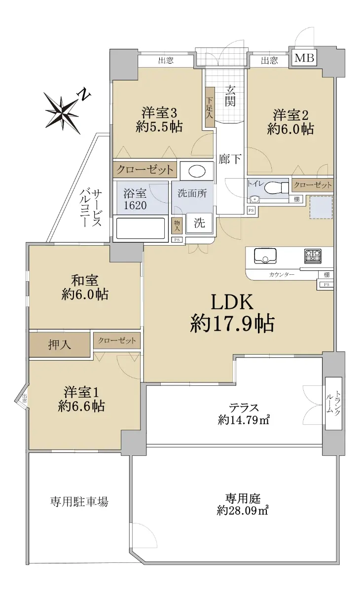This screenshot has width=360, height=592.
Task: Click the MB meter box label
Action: [304, 58]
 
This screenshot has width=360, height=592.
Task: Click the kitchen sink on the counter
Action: [265, 256]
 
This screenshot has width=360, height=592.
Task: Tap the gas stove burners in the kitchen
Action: [313, 256]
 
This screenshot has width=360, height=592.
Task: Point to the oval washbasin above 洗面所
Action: [197, 171]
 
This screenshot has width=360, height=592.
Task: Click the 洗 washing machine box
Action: [199, 223]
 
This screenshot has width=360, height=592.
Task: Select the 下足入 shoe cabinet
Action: [210, 107]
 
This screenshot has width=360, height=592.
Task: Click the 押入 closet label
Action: [60, 345]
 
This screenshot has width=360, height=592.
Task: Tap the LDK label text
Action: [232, 302]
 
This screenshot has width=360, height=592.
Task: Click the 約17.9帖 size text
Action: [232, 323]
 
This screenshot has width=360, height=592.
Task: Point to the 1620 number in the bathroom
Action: [135, 205]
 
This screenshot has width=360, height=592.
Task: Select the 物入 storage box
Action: [177, 225]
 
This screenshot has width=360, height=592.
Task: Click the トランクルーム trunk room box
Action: [333, 403]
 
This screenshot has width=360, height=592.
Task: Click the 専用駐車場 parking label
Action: [79, 501]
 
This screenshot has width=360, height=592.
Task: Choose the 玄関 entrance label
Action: [230, 96]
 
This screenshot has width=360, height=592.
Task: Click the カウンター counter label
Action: [282, 275]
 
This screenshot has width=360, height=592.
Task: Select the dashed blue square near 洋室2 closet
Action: [321, 208]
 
